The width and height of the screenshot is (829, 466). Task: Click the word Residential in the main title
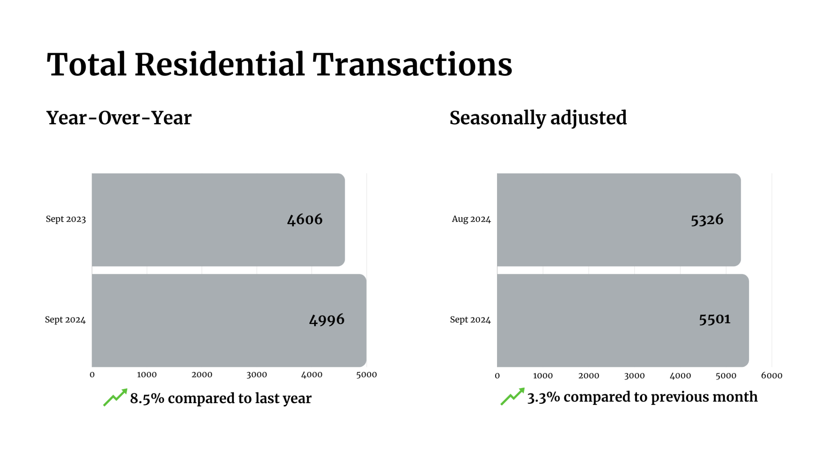point(219,64)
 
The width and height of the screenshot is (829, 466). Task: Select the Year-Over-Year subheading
point(119,118)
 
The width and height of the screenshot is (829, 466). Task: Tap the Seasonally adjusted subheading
point(538,118)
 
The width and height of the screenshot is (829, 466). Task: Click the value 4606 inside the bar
point(304,220)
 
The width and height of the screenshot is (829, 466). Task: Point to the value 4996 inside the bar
point(326,320)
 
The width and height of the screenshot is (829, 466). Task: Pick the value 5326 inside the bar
point(707,220)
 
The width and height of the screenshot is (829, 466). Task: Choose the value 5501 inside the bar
point(714,319)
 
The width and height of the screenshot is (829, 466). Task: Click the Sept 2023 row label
point(66,219)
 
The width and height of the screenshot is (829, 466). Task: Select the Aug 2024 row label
point(471,219)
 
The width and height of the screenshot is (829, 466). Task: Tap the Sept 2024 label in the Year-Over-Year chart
point(65,320)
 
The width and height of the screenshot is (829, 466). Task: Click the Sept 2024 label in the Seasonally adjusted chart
point(470,320)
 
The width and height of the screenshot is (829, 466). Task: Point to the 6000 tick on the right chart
point(771,376)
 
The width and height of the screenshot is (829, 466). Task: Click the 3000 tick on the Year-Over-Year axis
point(257,375)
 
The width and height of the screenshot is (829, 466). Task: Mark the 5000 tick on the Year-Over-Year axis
point(366,375)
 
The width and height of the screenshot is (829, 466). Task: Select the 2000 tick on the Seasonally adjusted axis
point(589,376)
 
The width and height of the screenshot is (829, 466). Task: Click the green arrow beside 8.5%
point(115,397)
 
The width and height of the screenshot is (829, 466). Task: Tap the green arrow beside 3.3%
point(512,396)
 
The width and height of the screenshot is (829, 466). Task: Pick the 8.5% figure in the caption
point(147,399)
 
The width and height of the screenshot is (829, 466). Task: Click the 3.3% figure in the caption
point(543,397)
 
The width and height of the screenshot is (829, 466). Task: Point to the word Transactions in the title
point(412,64)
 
